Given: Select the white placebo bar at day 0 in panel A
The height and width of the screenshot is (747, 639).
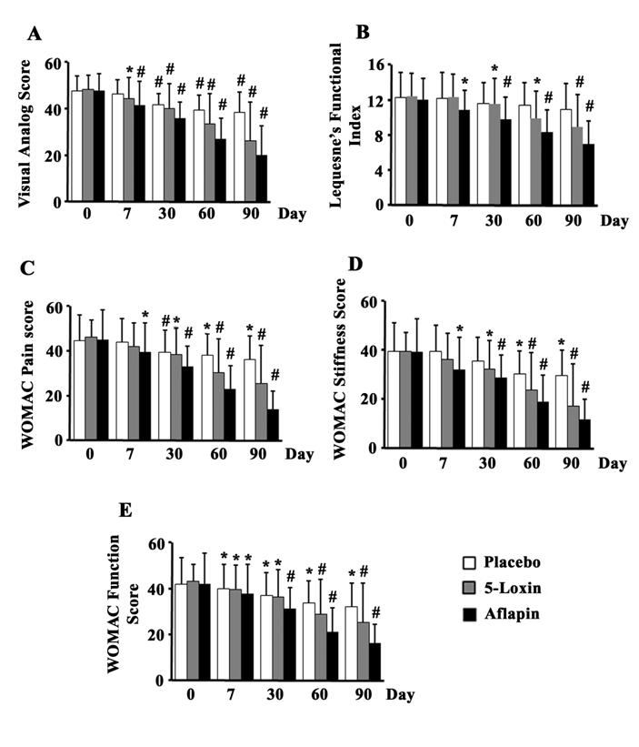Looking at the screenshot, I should click(x=76, y=146).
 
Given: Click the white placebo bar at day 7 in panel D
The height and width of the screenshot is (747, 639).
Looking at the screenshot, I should click(x=435, y=399).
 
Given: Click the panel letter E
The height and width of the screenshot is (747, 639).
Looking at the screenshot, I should click(x=126, y=510).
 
